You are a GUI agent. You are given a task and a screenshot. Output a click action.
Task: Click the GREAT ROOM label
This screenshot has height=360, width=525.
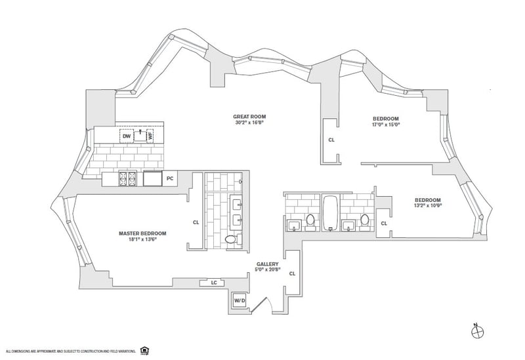click(x=250, y=117)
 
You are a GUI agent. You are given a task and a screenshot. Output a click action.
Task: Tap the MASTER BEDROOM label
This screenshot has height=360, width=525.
click(x=142, y=233)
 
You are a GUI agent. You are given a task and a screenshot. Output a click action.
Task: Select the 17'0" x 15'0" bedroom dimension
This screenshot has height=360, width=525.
click(x=387, y=123)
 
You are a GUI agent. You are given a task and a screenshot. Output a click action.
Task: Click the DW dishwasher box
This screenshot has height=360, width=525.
click(x=127, y=136)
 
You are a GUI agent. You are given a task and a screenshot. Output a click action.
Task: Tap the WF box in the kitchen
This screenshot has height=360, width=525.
click(x=150, y=136)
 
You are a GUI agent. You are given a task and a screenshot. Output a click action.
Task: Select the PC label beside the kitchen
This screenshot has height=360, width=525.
click(x=170, y=178)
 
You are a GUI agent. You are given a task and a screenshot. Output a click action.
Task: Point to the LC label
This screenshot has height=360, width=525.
click(x=214, y=283)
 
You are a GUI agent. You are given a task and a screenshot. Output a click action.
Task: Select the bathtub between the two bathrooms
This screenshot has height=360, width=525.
click(x=330, y=212)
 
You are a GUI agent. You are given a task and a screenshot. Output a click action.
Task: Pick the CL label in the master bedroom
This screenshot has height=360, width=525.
click(x=196, y=222)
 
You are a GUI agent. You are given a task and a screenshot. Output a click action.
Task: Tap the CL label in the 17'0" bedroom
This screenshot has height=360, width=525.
click(x=331, y=140)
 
